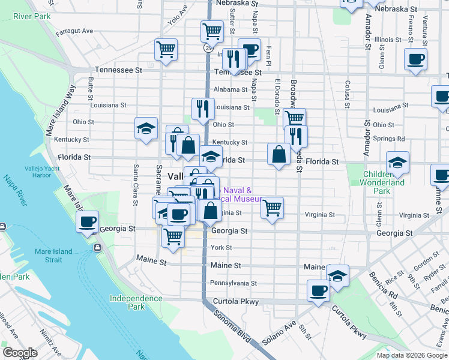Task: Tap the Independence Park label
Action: pyautogui.click(x=136, y=302)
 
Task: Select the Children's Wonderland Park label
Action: pyautogui.click(x=384, y=182)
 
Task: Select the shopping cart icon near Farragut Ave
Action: pyautogui.click(x=166, y=49)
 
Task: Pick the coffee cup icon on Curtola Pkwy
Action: pyautogui.click(x=318, y=290)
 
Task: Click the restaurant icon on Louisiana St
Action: pyautogui.click(x=203, y=109)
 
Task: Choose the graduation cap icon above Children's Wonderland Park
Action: pyautogui.click(x=397, y=162)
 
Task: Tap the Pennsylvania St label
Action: pyautogui.click(x=234, y=283)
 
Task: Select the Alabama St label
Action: pyautogui.click(x=231, y=90)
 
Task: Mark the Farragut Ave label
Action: pyautogui.click(x=74, y=31)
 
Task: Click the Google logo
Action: pyautogui.click(x=20, y=353)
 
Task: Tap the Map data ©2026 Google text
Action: pyautogui.click(x=411, y=355)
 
